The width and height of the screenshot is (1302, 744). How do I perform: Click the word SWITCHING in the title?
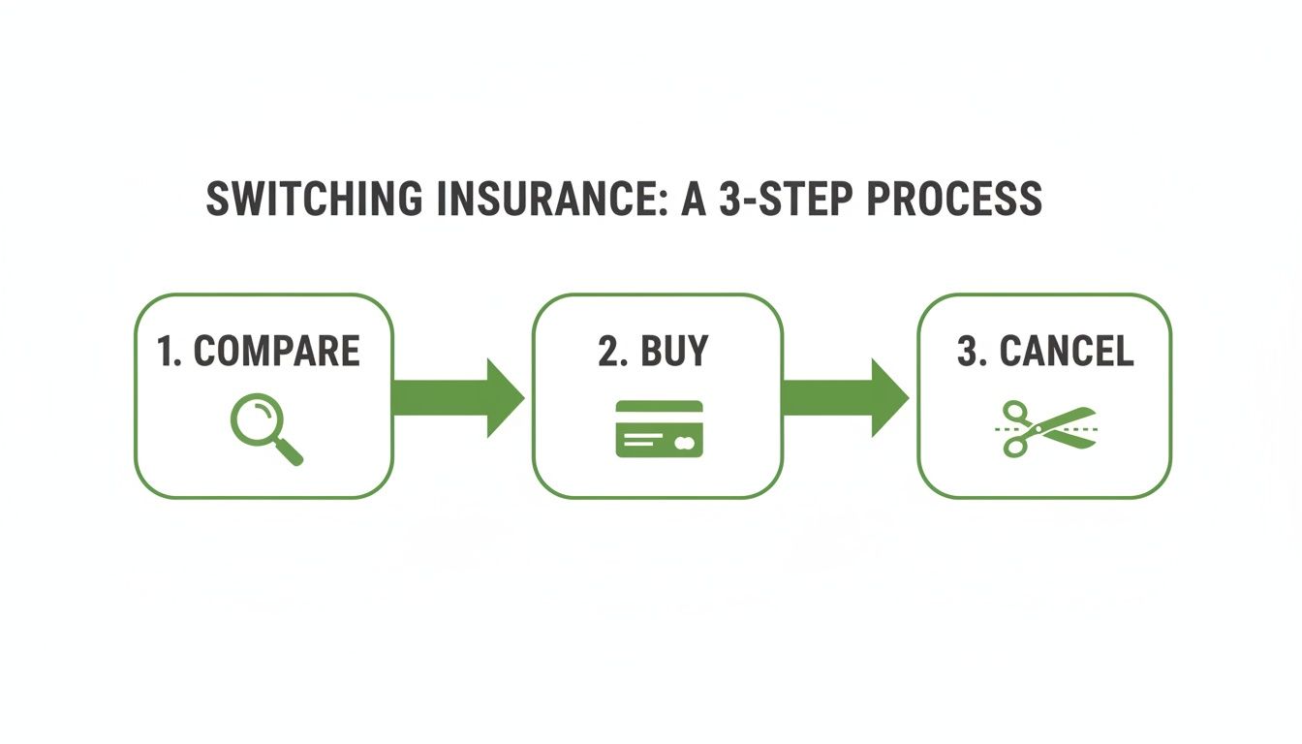(315, 199)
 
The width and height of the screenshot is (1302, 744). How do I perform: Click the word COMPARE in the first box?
(276, 351)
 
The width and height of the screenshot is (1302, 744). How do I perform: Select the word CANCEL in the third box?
(1066, 351)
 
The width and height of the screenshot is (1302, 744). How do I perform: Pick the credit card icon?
(659, 428)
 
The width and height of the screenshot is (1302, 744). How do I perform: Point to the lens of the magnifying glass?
(255, 423)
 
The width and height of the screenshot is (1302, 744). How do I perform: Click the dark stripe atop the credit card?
(659, 407)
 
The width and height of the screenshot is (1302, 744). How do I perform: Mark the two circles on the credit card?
(684, 442)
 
